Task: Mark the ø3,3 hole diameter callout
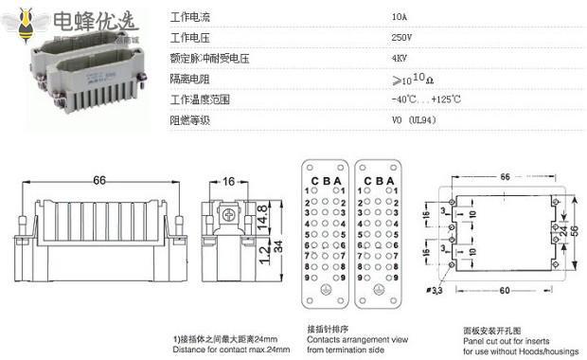(435, 290)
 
